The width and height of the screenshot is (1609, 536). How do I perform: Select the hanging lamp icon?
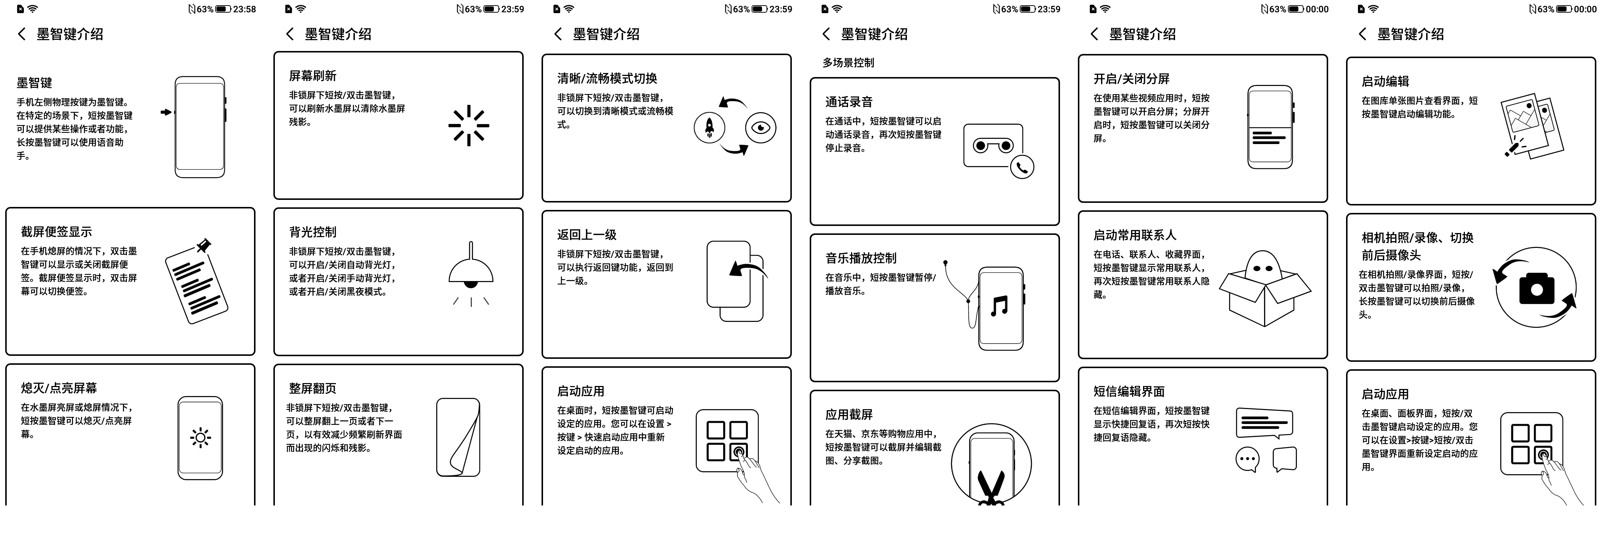point(471,273)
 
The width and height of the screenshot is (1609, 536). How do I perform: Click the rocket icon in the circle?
point(710,128)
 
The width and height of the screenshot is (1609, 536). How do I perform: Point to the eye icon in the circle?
point(760,128)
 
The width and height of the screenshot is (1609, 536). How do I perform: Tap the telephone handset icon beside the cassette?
point(1022,167)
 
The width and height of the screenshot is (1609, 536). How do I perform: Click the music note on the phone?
point(999,306)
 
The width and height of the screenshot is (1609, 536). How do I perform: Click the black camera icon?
point(1536,288)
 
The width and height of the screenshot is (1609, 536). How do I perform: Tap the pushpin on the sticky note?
point(203,245)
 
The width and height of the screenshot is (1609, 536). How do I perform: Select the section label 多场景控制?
point(848,63)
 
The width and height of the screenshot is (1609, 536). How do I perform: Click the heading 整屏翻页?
point(312,388)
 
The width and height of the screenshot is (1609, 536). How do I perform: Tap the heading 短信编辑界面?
point(1129,391)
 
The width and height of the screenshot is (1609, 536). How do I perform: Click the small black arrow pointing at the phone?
point(165,112)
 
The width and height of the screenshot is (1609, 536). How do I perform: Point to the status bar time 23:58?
point(244,9)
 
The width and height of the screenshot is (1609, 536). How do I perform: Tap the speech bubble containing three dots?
point(1247,459)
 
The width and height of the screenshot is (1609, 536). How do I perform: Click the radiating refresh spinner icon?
point(469,125)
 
